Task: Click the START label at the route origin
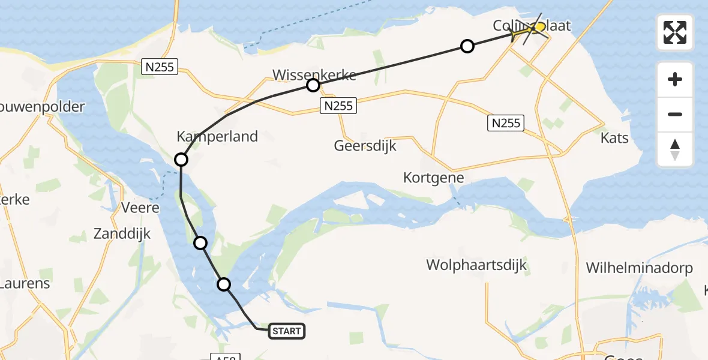pos(287,331)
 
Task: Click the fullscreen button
pos(675,32)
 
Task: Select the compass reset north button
pos(675,149)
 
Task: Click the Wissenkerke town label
pos(314,75)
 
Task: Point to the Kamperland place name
pos(217,136)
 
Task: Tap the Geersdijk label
pos(365,146)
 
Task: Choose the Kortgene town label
pos(434,178)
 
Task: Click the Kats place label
pos(614,138)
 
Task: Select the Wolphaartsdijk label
pos(476,264)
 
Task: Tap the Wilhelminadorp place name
pos(640,268)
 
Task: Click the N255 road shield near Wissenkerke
pos(338,106)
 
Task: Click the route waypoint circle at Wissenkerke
pos(313,85)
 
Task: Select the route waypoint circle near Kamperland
pos(181,160)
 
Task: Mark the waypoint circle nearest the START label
pos(224,284)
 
